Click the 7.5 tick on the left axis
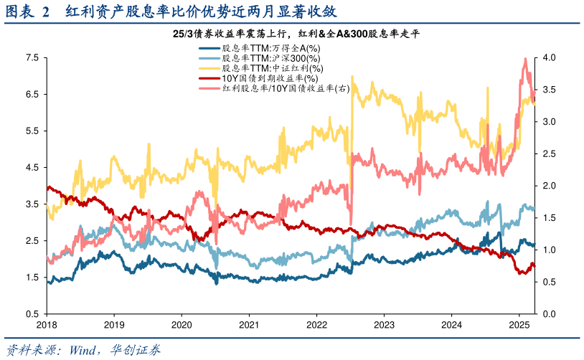(x=32, y=57)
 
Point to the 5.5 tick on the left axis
(x=32, y=131)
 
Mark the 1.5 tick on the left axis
(x=32, y=277)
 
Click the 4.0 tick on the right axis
(x=550, y=57)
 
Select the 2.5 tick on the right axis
(x=550, y=153)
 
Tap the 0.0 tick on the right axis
(x=550, y=313)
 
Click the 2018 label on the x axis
(x=47, y=324)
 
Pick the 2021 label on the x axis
(x=249, y=324)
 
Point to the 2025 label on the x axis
(x=519, y=324)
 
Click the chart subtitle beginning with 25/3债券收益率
(x=291, y=34)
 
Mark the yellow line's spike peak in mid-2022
(x=352, y=76)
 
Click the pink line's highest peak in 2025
(x=527, y=59)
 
